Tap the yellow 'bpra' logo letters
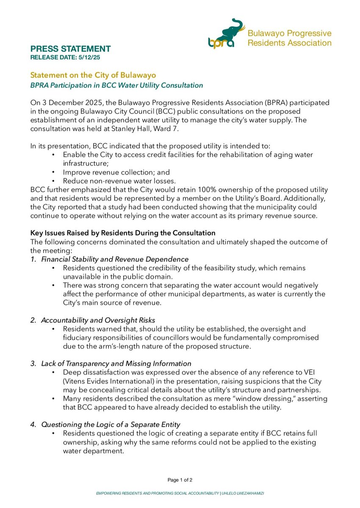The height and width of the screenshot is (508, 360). click(221, 42)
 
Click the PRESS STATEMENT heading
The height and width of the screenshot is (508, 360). click(70, 49)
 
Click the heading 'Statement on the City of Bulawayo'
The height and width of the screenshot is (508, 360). click(93, 75)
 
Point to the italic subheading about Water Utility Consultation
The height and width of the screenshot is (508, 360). click(116, 86)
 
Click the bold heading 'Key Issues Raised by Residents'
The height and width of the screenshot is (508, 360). click(123, 233)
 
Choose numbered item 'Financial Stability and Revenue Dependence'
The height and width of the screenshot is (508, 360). click(114, 259)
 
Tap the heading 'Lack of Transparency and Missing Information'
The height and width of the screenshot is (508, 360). click(116, 364)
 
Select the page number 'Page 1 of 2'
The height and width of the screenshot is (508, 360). click(180, 480)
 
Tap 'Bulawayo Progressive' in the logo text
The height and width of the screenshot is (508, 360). click(289, 33)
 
